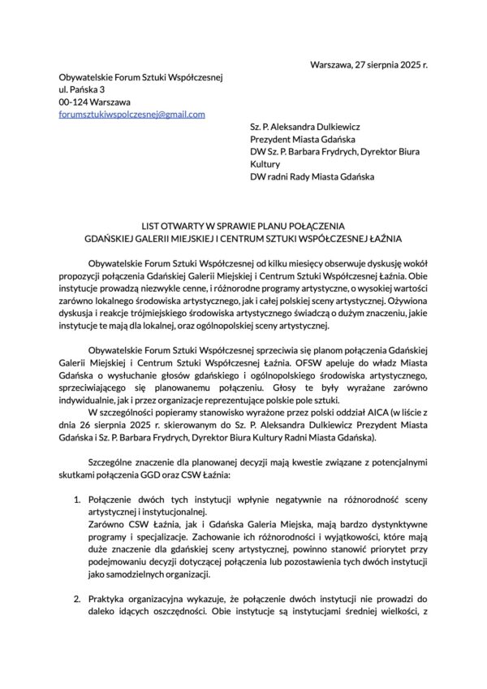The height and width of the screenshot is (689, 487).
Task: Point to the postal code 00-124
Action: click(x=74, y=102)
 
